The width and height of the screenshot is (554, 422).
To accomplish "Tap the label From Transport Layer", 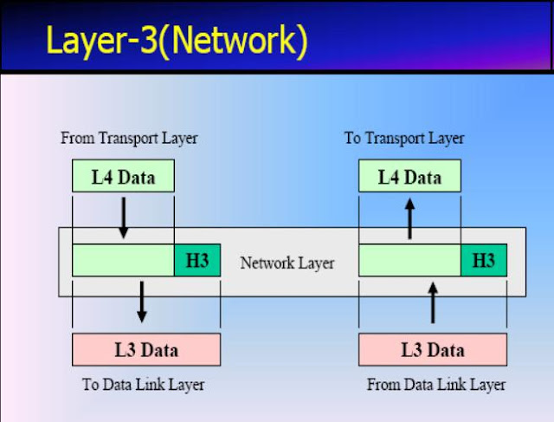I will point(129,138).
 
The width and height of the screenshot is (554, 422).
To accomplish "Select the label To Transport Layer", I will point(404,138).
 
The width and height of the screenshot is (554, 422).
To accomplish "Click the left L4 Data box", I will point(123,178).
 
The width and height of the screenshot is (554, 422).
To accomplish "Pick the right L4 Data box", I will point(409,178).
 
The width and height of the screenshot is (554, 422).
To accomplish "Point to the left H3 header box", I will point(196,261).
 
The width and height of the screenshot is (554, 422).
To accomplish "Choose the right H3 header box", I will point(483,261).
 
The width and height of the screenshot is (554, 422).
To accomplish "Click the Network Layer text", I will point(287,262).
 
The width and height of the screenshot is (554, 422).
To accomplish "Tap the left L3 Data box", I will point(146,349).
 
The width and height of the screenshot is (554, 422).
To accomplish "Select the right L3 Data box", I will point(432,349).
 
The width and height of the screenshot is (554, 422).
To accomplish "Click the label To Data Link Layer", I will point(144,384).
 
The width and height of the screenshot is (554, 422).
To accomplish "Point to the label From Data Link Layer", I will point(436,384).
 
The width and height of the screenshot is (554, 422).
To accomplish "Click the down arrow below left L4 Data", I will point(124,217).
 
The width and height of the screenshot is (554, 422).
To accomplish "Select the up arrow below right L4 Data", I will point(410,217).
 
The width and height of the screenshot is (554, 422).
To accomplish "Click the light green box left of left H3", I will point(123,261).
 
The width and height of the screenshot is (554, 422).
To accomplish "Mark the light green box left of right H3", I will point(409,261).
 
